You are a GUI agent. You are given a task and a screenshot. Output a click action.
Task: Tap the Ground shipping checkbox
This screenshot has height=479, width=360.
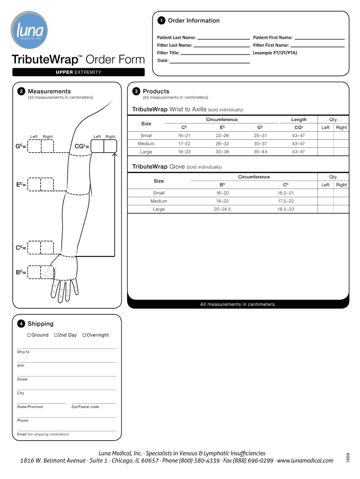click(29, 335)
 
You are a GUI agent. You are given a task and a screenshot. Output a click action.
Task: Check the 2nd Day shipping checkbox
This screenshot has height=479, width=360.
click(56, 335)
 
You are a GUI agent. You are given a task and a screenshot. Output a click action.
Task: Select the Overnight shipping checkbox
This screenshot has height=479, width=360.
click(84, 335)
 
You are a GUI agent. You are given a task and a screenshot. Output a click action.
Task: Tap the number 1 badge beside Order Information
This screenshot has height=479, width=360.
click(161, 21)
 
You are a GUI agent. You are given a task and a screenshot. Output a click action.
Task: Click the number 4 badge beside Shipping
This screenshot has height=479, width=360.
click(21, 324)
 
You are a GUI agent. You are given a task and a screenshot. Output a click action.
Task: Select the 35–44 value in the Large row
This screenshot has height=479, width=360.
click(260, 152)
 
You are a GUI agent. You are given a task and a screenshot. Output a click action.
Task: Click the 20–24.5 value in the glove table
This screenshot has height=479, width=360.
click(223, 209)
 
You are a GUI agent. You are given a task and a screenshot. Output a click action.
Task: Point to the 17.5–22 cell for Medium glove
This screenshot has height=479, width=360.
click(286, 201)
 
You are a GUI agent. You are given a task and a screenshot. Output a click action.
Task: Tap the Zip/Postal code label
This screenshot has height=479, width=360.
click(85, 407)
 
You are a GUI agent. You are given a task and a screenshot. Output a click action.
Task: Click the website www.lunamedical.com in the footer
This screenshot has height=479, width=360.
click(305, 461)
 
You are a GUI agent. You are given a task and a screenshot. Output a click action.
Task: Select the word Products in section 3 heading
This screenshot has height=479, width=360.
click(156, 91)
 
